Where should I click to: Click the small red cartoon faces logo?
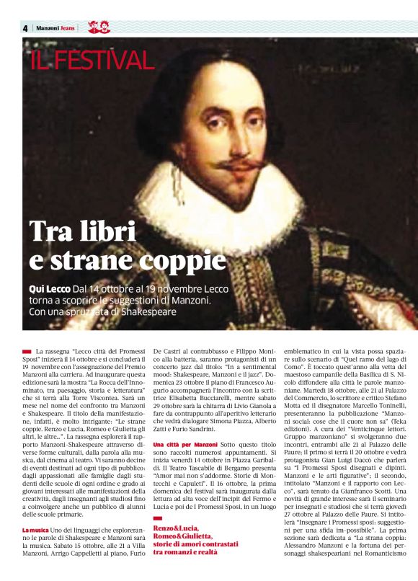[x=98, y=27]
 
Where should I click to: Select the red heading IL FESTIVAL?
[x=92, y=61]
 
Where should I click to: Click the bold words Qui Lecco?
[x=49, y=288]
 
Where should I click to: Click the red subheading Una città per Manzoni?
[x=185, y=425]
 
